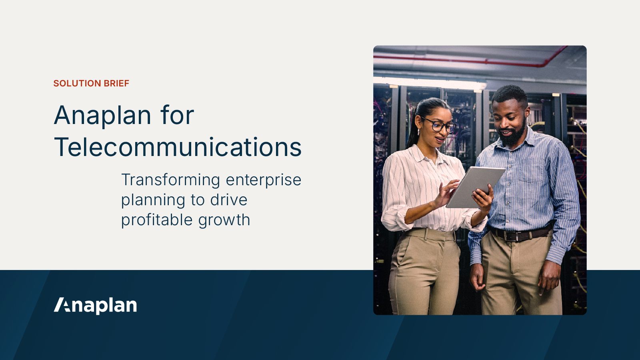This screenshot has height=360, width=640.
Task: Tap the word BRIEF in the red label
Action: pyautogui.click(x=116, y=83)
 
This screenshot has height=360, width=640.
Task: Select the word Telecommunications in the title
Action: pyautogui.click(x=178, y=147)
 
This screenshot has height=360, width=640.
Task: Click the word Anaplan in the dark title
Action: pyautogui.click(x=103, y=116)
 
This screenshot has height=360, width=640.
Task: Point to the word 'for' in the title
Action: pyautogui.click(x=177, y=116)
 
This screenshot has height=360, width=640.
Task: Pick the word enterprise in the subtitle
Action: pyautogui.click(x=263, y=180)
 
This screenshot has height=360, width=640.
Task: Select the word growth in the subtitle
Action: pyautogui.click(x=224, y=220)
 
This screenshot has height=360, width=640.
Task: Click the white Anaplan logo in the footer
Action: pyautogui.click(x=96, y=305)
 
